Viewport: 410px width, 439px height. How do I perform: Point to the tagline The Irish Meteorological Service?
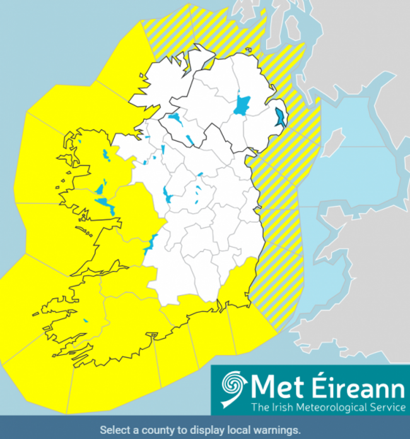328,406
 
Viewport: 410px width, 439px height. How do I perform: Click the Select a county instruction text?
200,430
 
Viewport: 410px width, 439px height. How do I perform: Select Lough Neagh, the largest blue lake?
242,105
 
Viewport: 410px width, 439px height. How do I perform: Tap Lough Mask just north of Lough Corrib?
100,189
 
